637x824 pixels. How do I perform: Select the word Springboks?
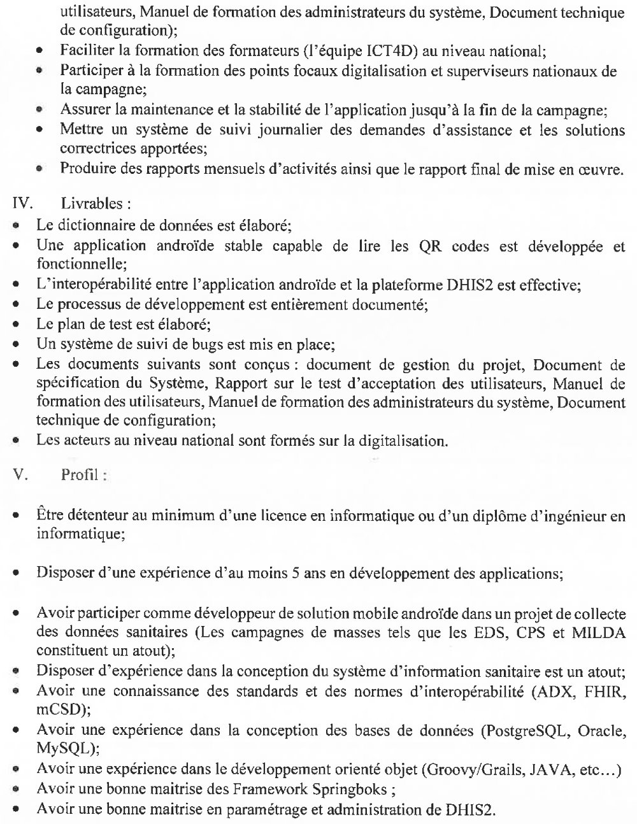pos(349,790)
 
